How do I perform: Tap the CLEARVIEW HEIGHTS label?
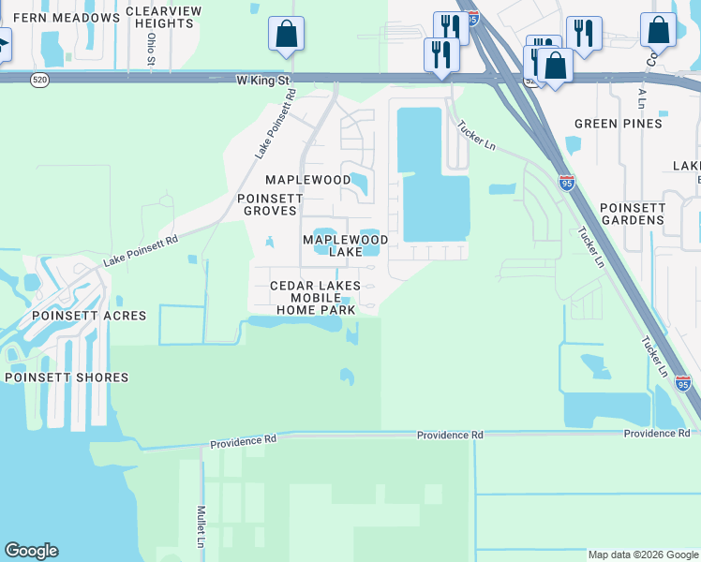coord(165,17)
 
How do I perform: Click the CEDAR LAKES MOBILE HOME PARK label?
coord(315,297)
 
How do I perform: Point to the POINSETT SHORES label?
coord(67,377)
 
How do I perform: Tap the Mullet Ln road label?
coord(201,526)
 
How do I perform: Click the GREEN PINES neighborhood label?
coord(618,124)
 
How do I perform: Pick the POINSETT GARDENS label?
coord(632,214)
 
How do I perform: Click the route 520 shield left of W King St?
coord(38,81)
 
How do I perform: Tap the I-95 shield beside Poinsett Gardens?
coord(566,183)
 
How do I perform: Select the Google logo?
coord(31,551)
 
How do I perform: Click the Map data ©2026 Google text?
coord(643,555)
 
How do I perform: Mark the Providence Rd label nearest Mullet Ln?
coord(243,442)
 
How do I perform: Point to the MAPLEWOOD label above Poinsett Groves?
coord(307,179)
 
